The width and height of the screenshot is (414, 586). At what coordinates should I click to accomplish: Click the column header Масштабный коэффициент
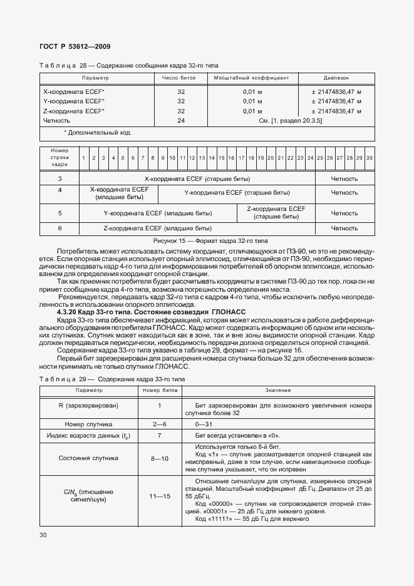point(251,79)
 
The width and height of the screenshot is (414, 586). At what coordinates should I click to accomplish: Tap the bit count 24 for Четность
point(181,120)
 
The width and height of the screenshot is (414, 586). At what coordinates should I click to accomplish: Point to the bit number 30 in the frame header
point(369,158)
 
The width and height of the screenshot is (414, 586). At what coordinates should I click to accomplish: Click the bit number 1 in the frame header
point(83,158)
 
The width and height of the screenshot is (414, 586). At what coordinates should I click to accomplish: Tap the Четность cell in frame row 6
point(344,229)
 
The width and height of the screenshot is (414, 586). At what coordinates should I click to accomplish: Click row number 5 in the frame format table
point(60,213)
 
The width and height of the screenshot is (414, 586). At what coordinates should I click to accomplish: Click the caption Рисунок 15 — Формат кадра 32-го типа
point(206,240)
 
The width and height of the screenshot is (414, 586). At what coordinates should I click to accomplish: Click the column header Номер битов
point(160,390)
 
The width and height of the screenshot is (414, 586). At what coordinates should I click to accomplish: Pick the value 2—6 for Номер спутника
point(160,423)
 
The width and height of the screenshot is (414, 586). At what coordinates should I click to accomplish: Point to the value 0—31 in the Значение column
point(204,423)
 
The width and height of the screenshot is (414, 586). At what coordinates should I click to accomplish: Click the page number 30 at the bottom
point(43,535)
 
